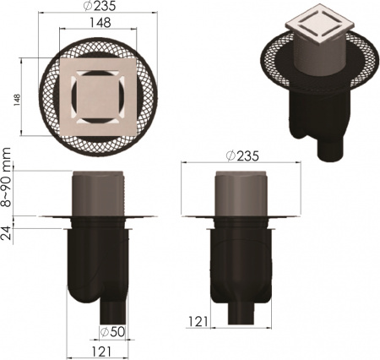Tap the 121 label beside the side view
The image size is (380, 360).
tap(198, 322)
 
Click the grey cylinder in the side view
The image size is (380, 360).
tap(243, 195)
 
